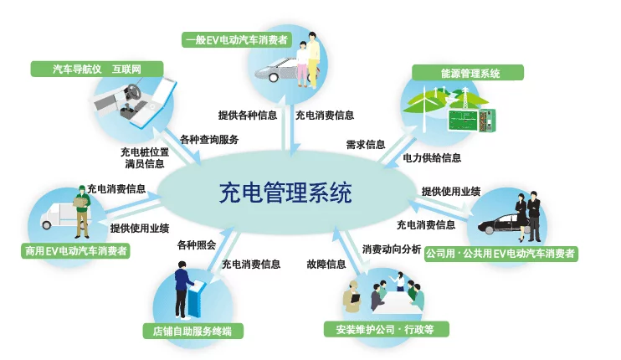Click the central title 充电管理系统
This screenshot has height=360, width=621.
[285, 193]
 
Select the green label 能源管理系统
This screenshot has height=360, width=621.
[468, 73]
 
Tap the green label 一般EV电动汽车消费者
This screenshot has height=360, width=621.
[237, 39]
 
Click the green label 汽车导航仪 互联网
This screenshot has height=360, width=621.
[97, 69]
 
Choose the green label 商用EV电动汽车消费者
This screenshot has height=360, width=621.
[75, 250]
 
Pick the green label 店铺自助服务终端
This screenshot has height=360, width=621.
[192, 331]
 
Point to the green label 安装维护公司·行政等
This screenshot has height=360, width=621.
[386, 329]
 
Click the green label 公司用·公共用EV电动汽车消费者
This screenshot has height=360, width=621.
[501, 254]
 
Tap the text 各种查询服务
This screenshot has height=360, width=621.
[209, 140]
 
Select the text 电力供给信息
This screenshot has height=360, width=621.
[432, 158]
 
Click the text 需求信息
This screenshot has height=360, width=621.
[366, 145]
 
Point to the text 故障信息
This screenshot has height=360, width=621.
[326, 265]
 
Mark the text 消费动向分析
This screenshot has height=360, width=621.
[392, 249]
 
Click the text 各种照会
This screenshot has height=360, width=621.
[197, 245]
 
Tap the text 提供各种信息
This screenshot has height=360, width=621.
[248, 116]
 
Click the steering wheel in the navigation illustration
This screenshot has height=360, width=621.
[133, 91]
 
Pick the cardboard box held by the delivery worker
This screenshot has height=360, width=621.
[80, 202]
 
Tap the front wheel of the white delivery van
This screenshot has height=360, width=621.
[47, 225]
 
